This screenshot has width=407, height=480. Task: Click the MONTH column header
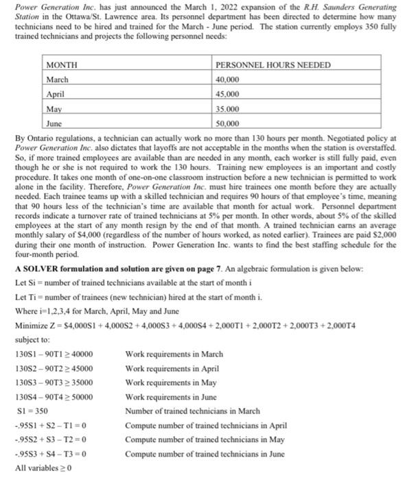click(62, 65)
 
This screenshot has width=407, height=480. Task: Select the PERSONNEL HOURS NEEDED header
click(273, 65)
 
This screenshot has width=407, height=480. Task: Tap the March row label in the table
click(58, 80)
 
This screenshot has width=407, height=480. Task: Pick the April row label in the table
click(56, 94)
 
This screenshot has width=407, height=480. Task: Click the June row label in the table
click(54, 123)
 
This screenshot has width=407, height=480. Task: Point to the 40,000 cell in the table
click(227, 80)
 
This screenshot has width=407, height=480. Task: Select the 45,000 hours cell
click(227, 94)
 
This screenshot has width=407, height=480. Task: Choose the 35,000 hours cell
click(227, 109)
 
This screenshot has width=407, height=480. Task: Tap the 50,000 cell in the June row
click(227, 123)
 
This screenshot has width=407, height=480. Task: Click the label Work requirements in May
click(172, 383)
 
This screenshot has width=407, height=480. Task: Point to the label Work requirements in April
click(173, 368)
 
